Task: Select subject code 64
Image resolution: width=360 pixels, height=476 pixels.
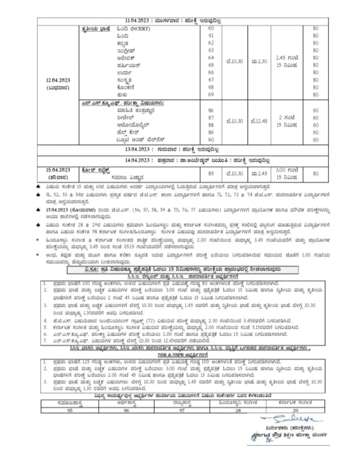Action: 211,57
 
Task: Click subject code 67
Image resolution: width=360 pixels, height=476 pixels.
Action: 211,80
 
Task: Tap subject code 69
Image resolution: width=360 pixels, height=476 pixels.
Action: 211,94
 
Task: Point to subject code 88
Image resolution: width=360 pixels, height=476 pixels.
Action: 211,124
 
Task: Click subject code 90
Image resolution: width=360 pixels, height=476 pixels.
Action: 211,139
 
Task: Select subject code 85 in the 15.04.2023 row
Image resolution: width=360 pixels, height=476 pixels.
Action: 211,173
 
